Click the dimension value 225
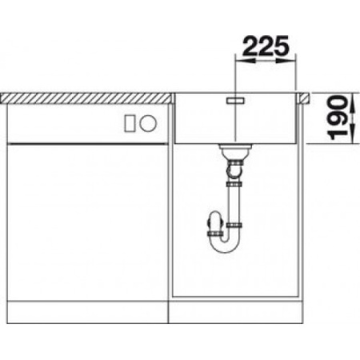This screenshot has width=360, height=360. pos(266,46)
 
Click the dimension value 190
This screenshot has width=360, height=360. pos(338,118)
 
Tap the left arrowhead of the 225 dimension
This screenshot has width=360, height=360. pos(245,61)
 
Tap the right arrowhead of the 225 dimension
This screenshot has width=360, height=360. pos(286,61)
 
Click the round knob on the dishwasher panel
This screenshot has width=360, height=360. pos(148,123)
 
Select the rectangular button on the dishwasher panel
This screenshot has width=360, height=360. pos(130,123)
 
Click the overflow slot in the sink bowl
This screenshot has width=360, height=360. pos(235,101)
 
